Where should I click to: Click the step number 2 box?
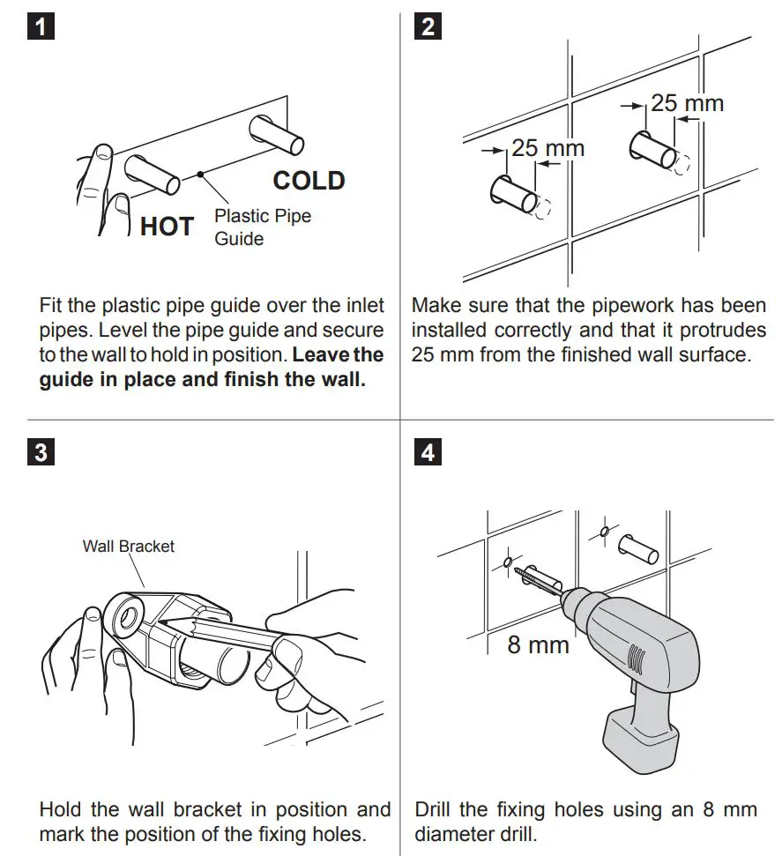[428, 26]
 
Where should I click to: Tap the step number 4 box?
[428, 453]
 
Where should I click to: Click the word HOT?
[167, 227]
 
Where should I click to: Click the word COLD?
[309, 181]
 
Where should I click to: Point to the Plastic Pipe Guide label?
[263, 227]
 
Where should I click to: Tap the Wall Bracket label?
[129, 546]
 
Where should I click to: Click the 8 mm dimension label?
[538, 644]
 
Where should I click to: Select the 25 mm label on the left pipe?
[547, 147]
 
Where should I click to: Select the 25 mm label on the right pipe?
[687, 103]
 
